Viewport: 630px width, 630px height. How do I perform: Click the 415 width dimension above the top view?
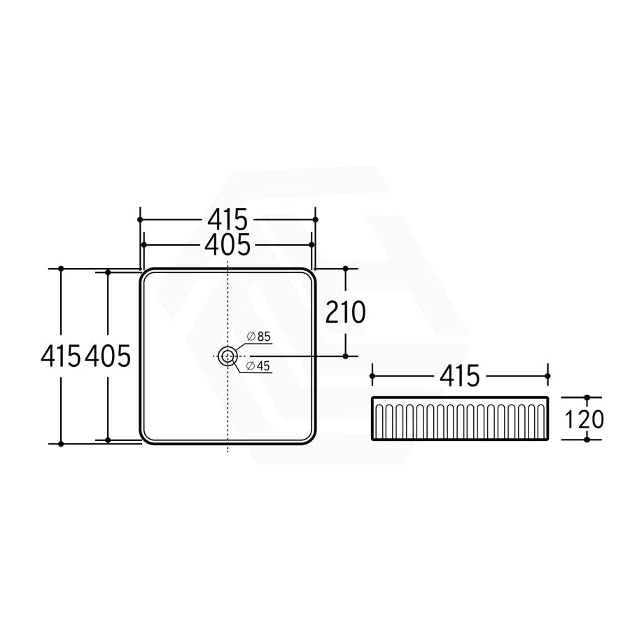coord(227,219)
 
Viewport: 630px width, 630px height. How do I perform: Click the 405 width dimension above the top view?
coord(227,244)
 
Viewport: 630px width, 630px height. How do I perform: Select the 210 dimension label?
coord(345,312)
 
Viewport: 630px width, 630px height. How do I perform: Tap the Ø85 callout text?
coord(259,337)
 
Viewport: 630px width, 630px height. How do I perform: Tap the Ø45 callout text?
coord(258,365)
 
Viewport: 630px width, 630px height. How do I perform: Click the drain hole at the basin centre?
coord(227,356)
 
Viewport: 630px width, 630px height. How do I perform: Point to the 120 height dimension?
coord(584,419)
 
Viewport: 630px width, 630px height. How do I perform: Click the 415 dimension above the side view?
coord(460,376)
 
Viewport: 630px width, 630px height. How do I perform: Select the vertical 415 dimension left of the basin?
coord(61,356)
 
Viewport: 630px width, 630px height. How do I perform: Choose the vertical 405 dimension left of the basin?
coord(108,356)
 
